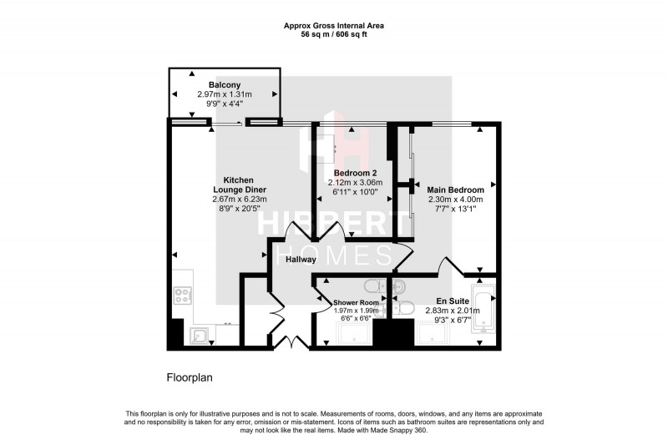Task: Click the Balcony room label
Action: (225, 85)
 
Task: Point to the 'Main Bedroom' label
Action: (455, 190)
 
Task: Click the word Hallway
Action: (301, 260)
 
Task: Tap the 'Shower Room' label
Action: (357, 302)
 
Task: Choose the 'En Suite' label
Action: (451, 301)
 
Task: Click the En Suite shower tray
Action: (435, 334)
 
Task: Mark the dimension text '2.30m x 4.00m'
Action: (455, 200)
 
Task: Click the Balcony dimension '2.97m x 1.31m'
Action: (225, 94)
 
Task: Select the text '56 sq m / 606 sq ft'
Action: (334, 35)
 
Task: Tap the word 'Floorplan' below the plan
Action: (190, 377)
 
